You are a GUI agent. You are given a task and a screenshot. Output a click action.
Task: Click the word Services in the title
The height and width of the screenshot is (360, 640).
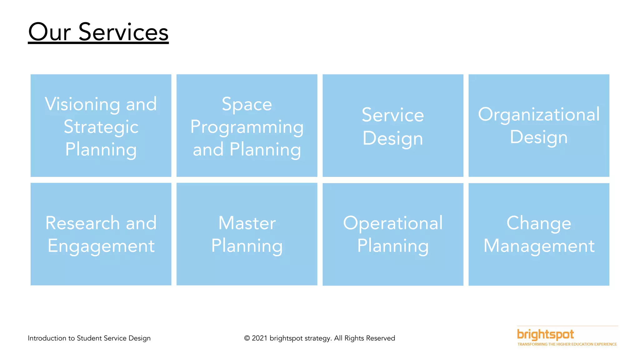123,32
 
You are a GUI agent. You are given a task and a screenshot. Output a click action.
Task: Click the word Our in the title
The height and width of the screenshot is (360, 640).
50,32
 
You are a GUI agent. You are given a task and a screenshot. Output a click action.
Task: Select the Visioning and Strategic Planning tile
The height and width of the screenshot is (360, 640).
101,126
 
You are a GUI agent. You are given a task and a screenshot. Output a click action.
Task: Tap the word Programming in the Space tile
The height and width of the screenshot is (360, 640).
247,127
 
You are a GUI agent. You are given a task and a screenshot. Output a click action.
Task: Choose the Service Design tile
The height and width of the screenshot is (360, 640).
393,126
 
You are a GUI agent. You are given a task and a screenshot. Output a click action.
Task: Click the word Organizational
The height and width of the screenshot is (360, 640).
539,114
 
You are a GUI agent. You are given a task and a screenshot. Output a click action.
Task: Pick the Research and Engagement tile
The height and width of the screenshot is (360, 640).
101,234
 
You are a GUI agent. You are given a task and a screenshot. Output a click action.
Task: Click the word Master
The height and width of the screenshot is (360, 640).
247,223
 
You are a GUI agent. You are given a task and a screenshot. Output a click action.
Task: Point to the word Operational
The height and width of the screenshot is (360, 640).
393,223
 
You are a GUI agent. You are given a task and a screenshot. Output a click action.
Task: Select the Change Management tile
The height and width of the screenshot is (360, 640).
539,234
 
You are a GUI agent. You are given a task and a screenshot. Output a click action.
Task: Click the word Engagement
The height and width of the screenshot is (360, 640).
101,246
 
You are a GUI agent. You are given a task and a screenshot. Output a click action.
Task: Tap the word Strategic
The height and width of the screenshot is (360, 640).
101,127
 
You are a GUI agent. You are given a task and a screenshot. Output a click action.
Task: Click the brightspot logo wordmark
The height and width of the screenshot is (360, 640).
545,334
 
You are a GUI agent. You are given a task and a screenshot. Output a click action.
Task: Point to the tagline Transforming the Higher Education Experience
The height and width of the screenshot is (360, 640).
567,344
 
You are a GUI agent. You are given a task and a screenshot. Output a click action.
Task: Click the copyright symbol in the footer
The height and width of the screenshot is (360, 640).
247,338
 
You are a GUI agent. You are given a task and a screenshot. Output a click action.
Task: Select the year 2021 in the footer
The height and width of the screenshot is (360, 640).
259,338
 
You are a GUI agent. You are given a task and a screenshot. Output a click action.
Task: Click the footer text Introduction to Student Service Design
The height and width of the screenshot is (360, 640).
89,338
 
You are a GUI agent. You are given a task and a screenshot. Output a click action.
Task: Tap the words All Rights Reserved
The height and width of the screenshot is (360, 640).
364,338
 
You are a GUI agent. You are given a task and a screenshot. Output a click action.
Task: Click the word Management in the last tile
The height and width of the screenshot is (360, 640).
539,246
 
